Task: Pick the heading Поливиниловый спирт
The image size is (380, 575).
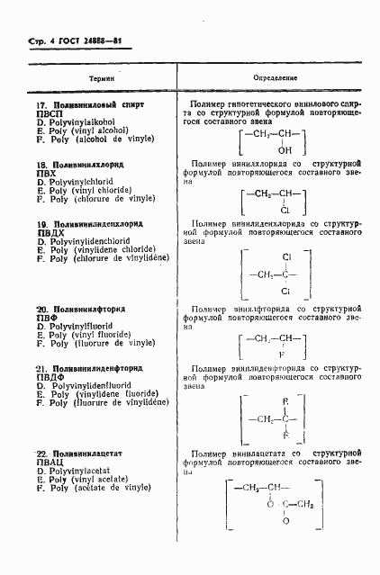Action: (x=98, y=105)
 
